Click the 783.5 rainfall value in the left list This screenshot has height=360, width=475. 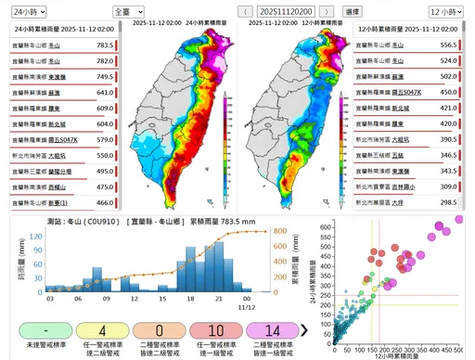[104, 45]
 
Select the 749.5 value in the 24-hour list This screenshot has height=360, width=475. [104, 76]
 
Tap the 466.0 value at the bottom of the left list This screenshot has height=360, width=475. [104, 202]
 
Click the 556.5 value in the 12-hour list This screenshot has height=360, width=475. [449, 45]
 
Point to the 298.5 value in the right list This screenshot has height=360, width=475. [449, 202]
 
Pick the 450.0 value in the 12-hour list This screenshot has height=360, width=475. [449, 92]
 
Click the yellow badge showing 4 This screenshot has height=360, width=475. [100, 329]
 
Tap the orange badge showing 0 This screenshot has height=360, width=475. [160, 329]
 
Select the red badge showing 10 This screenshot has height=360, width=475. [215, 329]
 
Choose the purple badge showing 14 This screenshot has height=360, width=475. [272, 329]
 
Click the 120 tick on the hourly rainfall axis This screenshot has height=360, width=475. [35, 236]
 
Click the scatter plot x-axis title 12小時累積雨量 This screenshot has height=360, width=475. [402, 355]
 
